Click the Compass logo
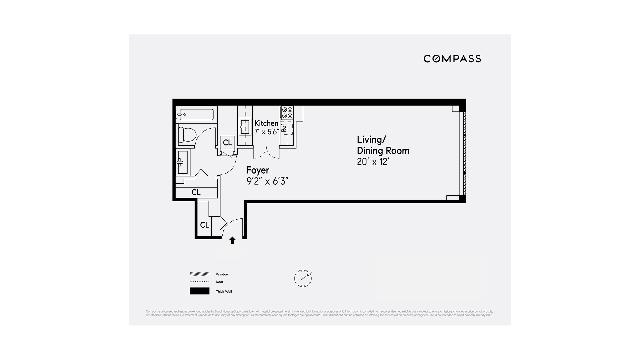pos(452,59)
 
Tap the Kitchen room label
pos(266,123)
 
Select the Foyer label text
pos(258,170)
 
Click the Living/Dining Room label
pos(383,145)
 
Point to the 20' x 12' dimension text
pos(373,162)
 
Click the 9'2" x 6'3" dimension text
pos(267,181)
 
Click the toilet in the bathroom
pos(187,135)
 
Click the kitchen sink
pos(245,127)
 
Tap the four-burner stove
pos(287,112)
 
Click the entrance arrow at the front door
pos(232,240)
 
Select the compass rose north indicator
pos(303,278)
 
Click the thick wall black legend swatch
pos(199,291)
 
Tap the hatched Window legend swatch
pos(199,274)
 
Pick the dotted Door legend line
pos(199,282)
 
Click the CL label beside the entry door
pos(204,225)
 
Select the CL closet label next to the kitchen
pos(227,143)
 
